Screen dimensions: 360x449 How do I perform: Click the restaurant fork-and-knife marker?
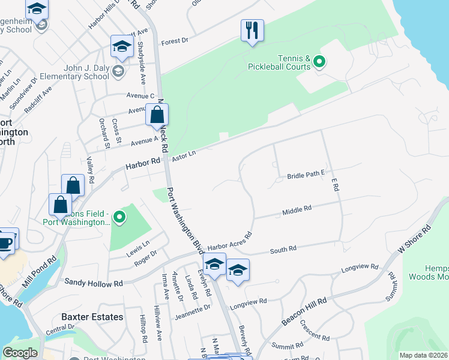252,31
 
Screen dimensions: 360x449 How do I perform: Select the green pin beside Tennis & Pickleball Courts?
319,61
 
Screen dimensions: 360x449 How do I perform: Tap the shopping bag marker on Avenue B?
157,115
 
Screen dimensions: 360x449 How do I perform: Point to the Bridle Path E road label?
306,175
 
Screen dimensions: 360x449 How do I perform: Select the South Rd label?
283,248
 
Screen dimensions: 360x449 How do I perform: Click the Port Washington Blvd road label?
182,219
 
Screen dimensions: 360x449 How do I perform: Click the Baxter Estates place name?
92,317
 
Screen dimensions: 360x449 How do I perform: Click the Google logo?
20,353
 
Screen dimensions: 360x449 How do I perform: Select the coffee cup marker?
5,242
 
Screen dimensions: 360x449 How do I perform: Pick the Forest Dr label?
175,42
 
